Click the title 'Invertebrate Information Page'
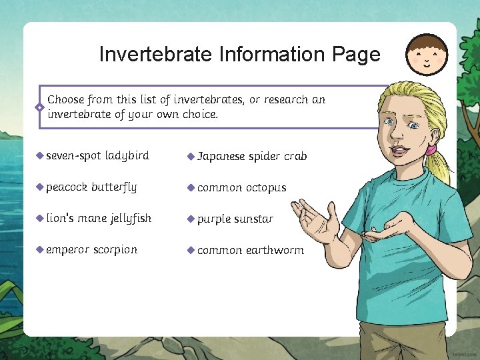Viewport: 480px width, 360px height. pyautogui.click(x=239, y=54)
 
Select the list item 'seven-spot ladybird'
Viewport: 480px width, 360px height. pyautogui.click(x=97, y=156)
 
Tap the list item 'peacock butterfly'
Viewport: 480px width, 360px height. pyautogui.click(x=91, y=187)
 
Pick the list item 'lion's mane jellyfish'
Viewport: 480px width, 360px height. pyautogui.click(x=99, y=219)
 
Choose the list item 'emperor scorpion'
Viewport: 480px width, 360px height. pyautogui.click(x=91, y=250)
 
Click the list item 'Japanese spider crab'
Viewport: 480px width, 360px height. pyautogui.click(x=252, y=157)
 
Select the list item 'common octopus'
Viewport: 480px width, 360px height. pyautogui.click(x=241, y=188)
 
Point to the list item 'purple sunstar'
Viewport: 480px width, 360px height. pyautogui.click(x=235, y=219)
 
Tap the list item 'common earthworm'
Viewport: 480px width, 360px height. pyautogui.click(x=250, y=251)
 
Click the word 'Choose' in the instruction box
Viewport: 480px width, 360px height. pyautogui.click(x=66, y=100)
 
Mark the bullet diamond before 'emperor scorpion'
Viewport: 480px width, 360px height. pyautogui.click(x=40, y=250)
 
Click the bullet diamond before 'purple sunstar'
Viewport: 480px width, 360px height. pyautogui.click(x=191, y=219)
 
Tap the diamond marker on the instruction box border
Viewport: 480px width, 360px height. pyautogui.click(x=40, y=107)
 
